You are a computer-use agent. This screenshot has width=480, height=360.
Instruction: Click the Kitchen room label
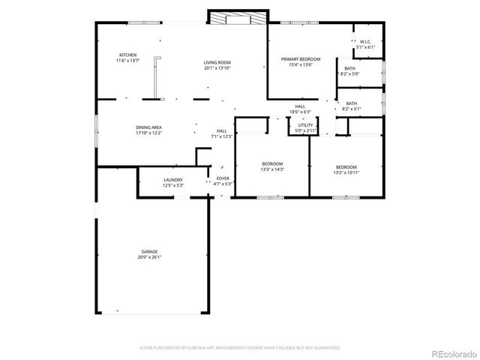tap(127, 55)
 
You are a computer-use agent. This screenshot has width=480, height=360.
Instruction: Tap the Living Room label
tap(217, 62)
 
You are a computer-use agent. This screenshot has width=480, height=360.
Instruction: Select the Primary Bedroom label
tap(300, 58)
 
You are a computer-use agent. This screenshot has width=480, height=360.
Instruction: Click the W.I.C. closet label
tap(365, 42)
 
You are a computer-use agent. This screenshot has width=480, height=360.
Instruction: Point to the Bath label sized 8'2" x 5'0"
tap(350, 69)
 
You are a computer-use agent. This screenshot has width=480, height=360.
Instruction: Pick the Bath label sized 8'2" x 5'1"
tap(351, 103)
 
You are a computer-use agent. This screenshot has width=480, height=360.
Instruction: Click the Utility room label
tap(305, 125)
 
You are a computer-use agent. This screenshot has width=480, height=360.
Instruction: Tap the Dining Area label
tap(148, 127)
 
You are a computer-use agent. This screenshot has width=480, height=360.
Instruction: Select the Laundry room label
tap(173, 180)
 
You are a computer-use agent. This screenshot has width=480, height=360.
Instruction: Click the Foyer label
tap(223, 178)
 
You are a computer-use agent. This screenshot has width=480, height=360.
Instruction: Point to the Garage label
tap(148, 251)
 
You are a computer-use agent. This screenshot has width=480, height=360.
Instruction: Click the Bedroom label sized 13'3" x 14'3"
tap(271, 163)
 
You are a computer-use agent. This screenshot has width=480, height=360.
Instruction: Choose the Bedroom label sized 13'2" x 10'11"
tap(346, 166)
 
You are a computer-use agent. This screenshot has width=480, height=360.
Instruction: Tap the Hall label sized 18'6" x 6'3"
tap(300, 106)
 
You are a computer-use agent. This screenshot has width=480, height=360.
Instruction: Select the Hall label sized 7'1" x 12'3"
tap(222, 130)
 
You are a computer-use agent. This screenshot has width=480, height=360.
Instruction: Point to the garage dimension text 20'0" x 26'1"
tap(148, 256)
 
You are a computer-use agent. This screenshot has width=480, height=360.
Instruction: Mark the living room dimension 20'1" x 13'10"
tap(217, 67)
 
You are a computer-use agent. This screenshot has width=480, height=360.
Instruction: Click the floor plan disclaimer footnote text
tap(240, 348)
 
